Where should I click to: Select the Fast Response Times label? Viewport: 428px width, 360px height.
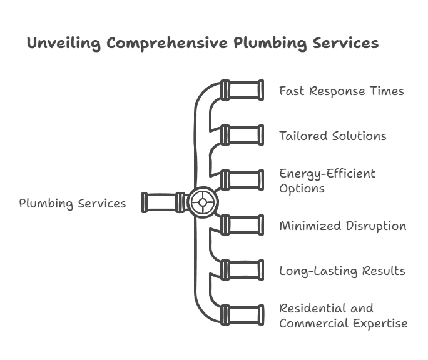point(341,91)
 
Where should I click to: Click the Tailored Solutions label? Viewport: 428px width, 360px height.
point(332,136)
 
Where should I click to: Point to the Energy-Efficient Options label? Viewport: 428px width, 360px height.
point(327,181)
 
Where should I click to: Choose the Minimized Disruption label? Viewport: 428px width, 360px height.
point(342,226)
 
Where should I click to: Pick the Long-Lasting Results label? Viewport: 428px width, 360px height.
point(342,271)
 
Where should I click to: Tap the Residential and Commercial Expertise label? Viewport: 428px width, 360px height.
point(343,316)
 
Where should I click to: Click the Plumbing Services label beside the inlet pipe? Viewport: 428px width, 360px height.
point(72,203)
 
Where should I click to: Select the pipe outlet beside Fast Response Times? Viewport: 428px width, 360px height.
point(242,91)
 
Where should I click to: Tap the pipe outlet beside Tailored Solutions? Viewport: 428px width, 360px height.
point(242,135)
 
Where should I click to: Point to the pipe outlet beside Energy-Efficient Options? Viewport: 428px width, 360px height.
point(242,180)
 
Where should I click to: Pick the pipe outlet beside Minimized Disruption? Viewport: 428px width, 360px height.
point(242,225)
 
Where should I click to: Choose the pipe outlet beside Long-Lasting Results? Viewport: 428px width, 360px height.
point(242,270)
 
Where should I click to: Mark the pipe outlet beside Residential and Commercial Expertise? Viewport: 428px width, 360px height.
point(242,315)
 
